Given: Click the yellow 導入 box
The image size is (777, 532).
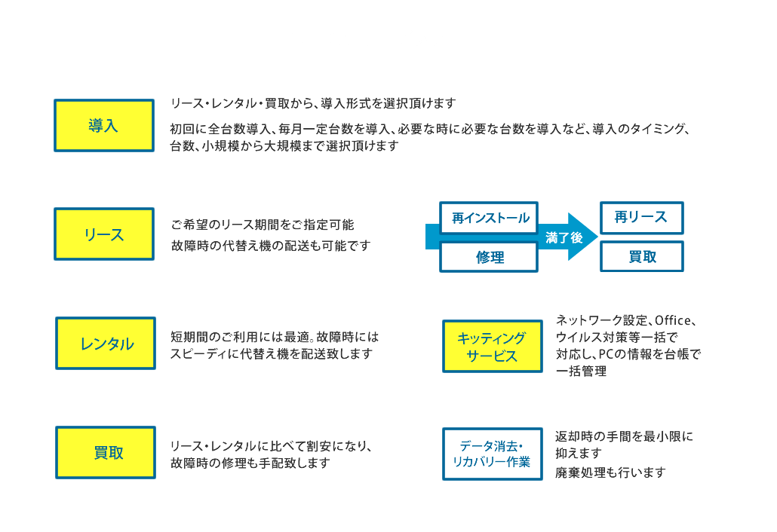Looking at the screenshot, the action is click(x=104, y=125).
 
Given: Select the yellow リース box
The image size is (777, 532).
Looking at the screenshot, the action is click(x=104, y=234).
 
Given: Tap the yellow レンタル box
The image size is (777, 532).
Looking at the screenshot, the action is click(x=106, y=344).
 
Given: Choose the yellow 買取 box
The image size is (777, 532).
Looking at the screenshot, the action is click(x=106, y=452).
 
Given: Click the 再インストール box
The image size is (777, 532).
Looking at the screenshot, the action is click(x=489, y=218).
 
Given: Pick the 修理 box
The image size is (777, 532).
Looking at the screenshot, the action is click(x=489, y=257).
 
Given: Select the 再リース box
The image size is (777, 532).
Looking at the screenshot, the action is click(x=642, y=218).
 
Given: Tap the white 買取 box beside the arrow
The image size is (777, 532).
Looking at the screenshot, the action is click(x=642, y=256).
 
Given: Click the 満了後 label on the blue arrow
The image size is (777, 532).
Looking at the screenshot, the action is click(x=564, y=238).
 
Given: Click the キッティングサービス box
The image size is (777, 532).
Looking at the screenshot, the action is click(x=493, y=347).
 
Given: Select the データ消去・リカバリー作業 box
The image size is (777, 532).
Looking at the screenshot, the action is click(x=493, y=454).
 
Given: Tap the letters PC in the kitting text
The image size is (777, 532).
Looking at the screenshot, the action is click(x=606, y=354).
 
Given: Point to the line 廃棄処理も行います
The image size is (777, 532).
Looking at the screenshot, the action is click(x=610, y=472).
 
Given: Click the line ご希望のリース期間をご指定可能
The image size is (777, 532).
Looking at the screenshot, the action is click(x=262, y=225).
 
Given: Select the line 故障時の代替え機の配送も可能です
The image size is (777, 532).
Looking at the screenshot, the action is click(x=271, y=246).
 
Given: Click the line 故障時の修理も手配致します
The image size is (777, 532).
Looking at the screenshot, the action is click(x=250, y=463).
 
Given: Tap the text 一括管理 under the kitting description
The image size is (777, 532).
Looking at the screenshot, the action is click(x=581, y=371).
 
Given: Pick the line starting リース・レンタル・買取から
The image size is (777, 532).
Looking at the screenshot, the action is click(x=313, y=103).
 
